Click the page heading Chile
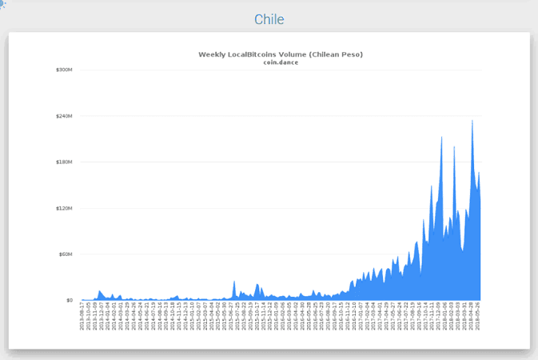tap(269, 19)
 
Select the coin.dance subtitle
tap(281, 62)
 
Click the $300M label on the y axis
tap(65, 70)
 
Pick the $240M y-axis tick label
tap(65, 116)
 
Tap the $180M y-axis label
tap(65, 162)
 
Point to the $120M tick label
tap(65, 208)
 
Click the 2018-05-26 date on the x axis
tap(478, 315)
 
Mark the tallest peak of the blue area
tap(472, 122)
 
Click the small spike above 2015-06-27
tap(234, 283)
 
